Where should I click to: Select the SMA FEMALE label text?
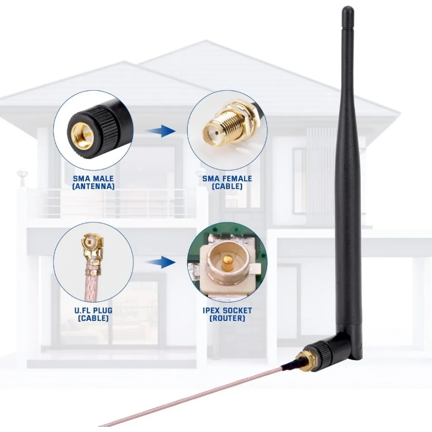tap(227, 178)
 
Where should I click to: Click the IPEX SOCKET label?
tap(227, 310)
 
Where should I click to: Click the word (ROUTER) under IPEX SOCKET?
tap(227, 318)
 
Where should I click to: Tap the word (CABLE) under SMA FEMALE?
tap(227, 187)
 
